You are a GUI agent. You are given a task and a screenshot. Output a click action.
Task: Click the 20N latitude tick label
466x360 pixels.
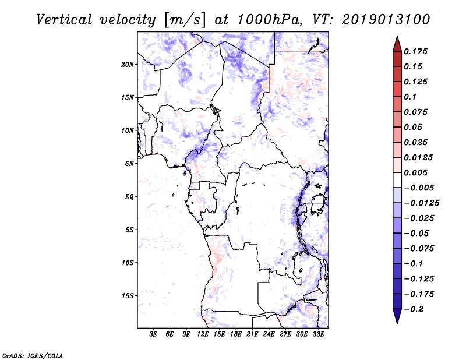pyautogui.click(x=128, y=64)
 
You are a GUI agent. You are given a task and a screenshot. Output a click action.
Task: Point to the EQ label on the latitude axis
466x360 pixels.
pyautogui.click(x=129, y=197)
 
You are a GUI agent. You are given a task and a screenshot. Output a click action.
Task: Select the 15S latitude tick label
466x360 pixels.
pyautogui.click(x=128, y=296)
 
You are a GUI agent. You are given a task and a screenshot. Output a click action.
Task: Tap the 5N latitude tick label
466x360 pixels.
pyautogui.click(x=129, y=164)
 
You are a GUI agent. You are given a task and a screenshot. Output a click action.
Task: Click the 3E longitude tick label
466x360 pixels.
pyautogui.click(x=154, y=334)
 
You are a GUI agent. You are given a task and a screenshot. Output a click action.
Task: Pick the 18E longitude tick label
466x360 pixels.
pyautogui.click(x=235, y=334)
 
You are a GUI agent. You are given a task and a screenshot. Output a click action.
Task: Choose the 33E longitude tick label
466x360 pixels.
pyautogui.click(x=318, y=334)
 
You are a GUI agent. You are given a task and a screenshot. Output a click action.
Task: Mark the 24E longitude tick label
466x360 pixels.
pyautogui.click(x=269, y=334)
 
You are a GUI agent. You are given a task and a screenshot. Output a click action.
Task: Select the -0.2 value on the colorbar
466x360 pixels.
pyautogui.click(x=415, y=309)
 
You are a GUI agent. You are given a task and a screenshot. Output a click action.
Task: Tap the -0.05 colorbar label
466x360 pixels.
pyautogui.click(x=417, y=234)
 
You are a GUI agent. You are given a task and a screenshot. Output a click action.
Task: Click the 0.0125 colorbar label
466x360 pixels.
pyautogui.click(x=419, y=157)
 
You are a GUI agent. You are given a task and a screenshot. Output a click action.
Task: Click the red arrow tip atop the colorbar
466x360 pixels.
pyautogui.click(x=396, y=40)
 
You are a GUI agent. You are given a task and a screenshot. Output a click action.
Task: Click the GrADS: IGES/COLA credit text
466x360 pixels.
pyautogui.click(x=32, y=355)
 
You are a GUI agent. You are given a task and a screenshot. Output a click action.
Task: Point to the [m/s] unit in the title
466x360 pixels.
pyautogui.click(x=185, y=20)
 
